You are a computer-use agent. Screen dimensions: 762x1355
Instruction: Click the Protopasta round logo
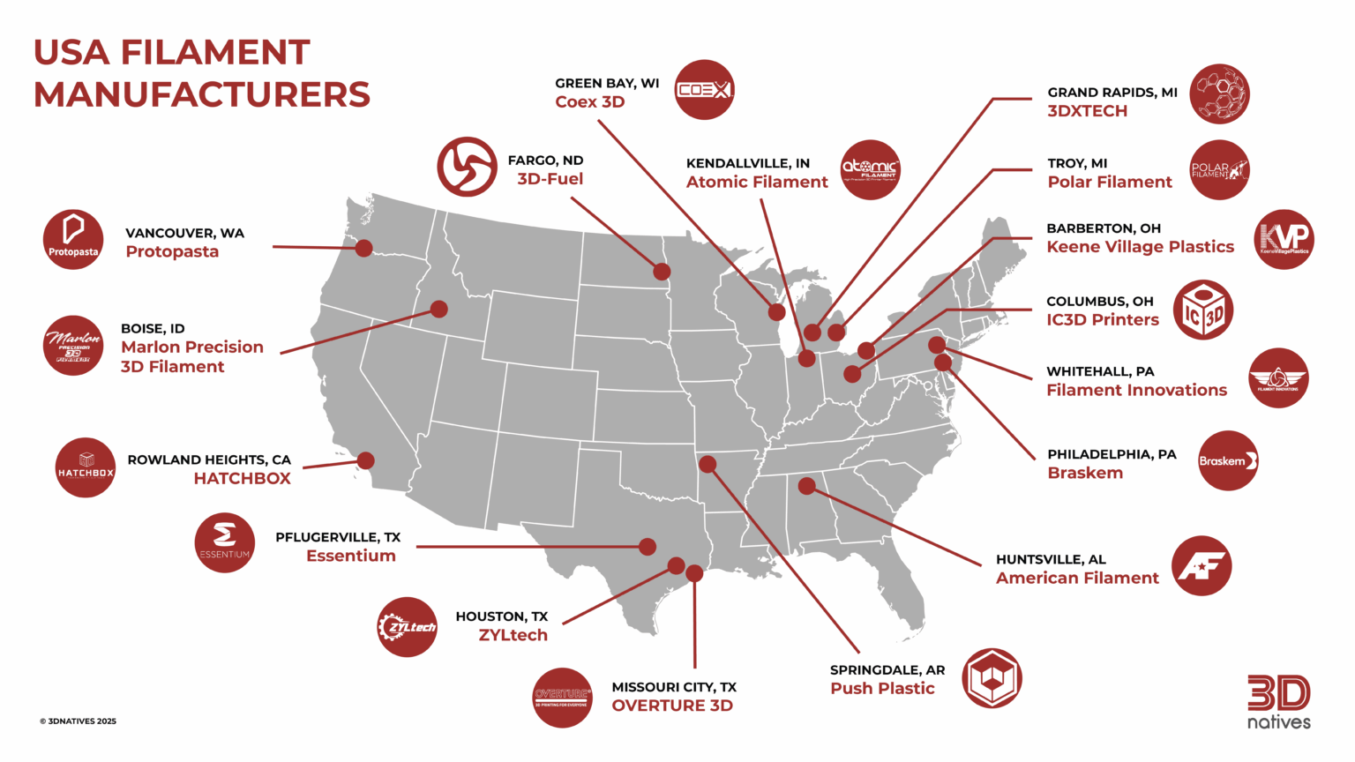coord(73,240)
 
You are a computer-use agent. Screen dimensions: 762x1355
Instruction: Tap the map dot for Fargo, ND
coord(661,272)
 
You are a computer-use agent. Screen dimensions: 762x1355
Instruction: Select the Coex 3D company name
coord(589,102)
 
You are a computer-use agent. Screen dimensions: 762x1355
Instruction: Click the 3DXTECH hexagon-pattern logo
coord(1219,93)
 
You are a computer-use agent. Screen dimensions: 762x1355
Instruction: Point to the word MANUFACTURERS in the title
coord(202,94)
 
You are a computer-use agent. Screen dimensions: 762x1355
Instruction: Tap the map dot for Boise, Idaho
coord(438,309)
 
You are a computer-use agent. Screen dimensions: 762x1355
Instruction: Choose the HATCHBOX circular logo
coord(86,467)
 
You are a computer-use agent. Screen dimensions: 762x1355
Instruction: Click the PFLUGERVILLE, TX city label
coord(338,537)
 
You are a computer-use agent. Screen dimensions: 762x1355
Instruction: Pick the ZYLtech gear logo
coord(407,627)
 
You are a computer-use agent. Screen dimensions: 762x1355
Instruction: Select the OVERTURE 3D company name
coord(672,706)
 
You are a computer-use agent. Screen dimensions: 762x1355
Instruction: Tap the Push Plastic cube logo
coord(992,678)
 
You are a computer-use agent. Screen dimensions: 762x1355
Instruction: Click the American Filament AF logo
coord(1202,565)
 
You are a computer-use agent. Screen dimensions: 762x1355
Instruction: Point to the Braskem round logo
coord(1228,460)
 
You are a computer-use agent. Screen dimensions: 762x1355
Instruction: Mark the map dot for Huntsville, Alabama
coord(806,486)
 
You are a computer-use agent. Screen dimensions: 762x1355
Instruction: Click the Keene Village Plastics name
coord(1140,247)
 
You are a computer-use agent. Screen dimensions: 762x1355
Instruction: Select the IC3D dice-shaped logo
coord(1203,310)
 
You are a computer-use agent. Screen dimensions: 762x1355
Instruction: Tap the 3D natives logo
coord(1278,702)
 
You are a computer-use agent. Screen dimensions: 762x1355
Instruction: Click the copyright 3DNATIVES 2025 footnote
coord(78,721)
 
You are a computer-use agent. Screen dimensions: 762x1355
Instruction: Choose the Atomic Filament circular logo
coord(870,169)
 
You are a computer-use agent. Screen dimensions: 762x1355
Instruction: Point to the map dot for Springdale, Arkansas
coord(707,464)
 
